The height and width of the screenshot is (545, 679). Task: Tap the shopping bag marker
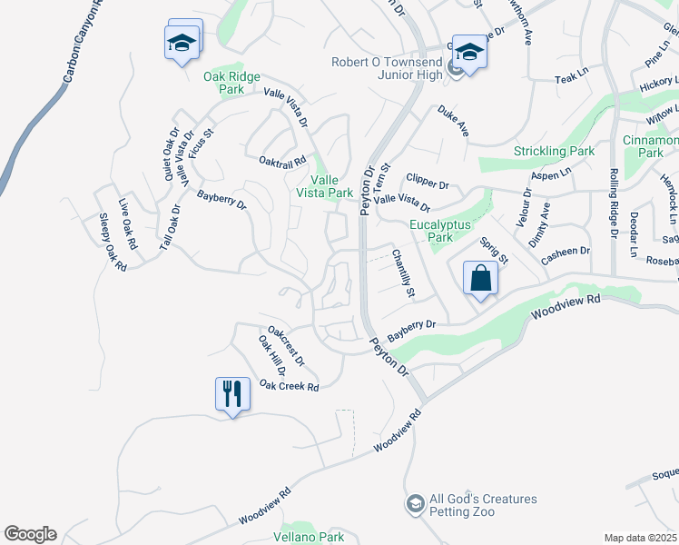[480, 279]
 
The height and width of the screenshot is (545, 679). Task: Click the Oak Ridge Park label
[224, 84]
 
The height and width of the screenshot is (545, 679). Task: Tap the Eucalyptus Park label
[431, 231]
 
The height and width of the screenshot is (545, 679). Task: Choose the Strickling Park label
[555, 151]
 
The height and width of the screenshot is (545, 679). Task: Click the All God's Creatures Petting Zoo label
[483, 505]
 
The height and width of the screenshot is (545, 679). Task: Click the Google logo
[30, 534]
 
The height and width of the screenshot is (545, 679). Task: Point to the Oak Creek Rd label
[290, 387]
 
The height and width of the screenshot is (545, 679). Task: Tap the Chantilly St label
[403, 274]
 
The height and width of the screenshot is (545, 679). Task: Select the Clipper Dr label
[428, 183]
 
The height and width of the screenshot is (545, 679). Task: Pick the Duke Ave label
[453, 122]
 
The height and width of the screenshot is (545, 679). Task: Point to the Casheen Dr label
[566, 252]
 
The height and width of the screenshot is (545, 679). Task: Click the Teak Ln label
[572, 80]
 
